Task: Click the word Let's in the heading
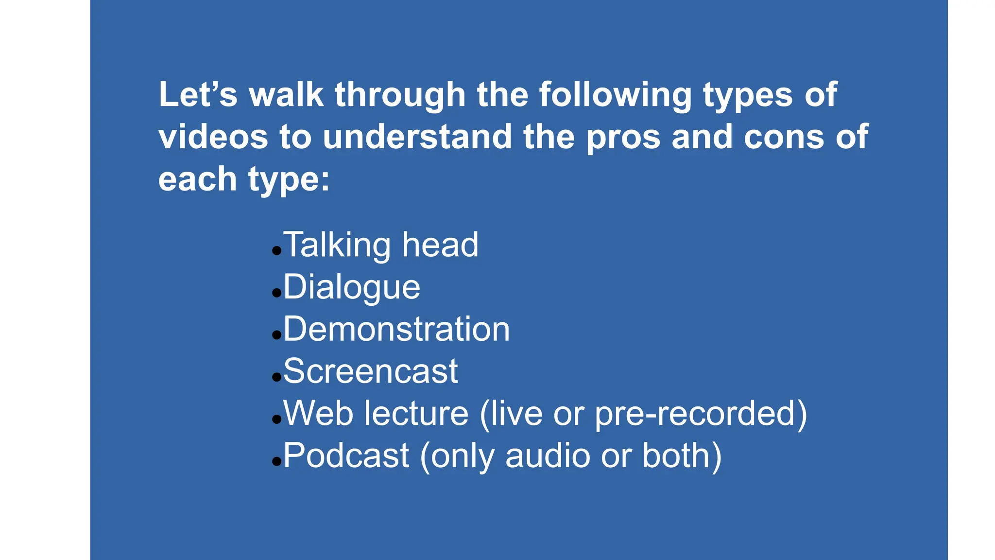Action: (198, 94)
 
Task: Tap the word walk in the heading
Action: (286, 94)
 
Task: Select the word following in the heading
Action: (615, 94)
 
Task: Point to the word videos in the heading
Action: (213, 137)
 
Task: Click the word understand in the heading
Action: (417, 137)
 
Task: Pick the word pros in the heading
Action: (623, 138)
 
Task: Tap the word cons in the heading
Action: (784, 137)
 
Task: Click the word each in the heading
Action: (197, 179)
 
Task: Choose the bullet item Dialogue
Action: (352, 287)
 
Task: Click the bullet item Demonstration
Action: (396, 329)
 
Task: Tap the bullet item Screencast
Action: (370, 371)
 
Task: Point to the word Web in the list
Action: (318, 413)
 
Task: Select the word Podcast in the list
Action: (346, 455)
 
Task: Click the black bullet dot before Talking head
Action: (277, 251)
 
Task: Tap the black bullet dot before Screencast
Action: (277, 377)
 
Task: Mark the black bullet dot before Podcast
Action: (277, 461)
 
